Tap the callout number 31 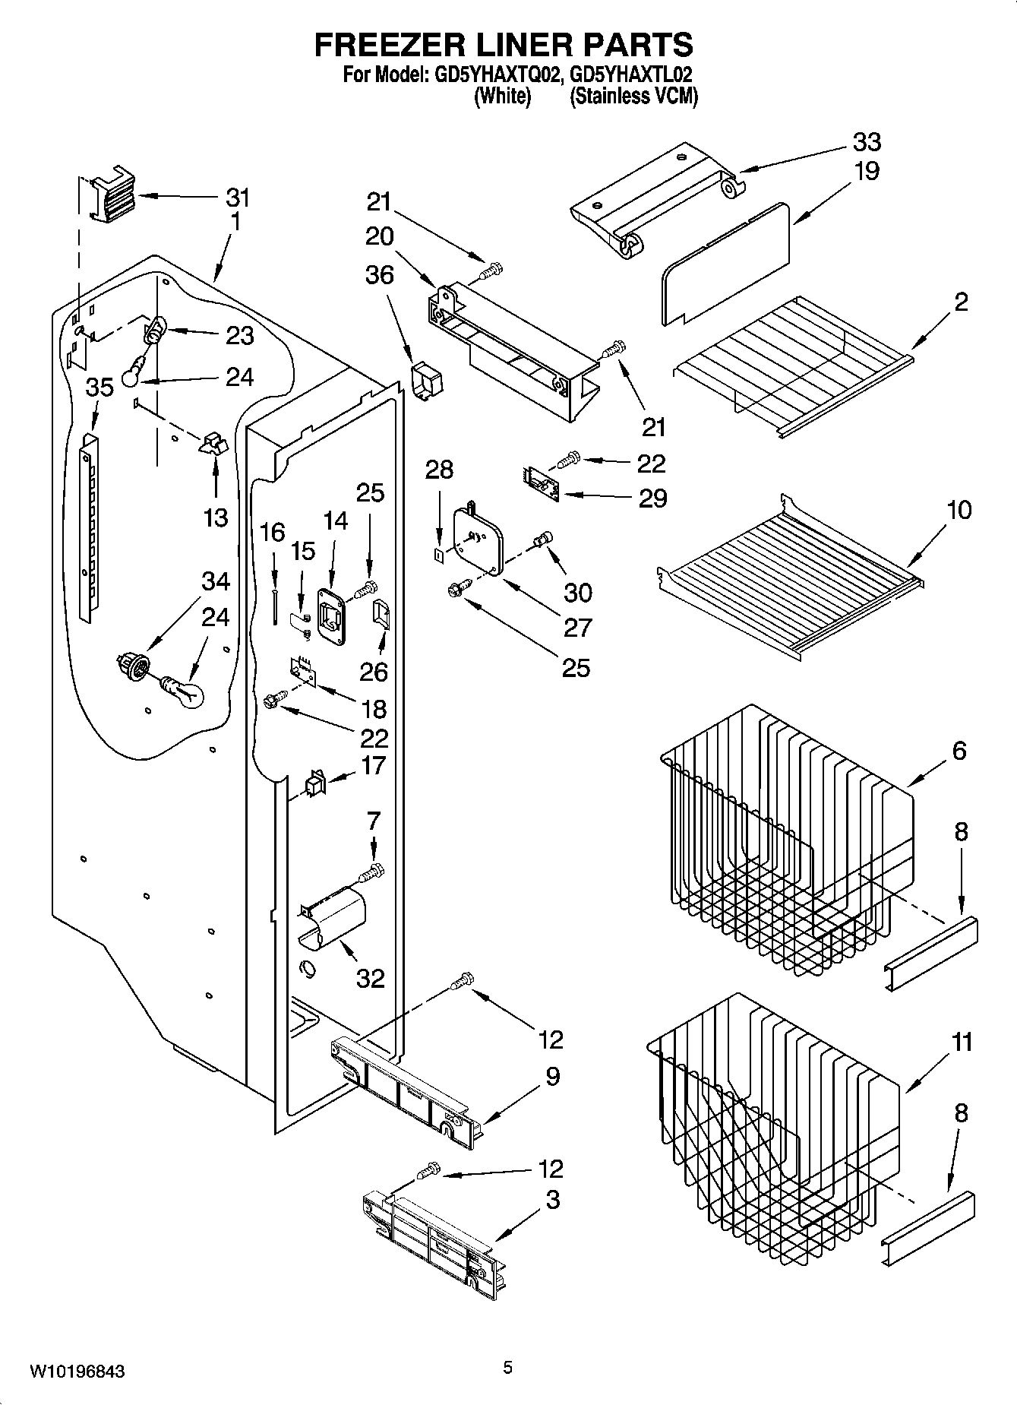237,198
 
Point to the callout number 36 380,275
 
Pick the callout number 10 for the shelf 959,510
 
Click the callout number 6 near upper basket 959,752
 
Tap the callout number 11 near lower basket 962,1042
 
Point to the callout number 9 552,1076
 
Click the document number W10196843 77,1371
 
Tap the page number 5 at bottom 507,1368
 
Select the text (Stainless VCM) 633,97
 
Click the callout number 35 99,388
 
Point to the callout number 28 439,470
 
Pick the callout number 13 216,517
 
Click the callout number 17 374,765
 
